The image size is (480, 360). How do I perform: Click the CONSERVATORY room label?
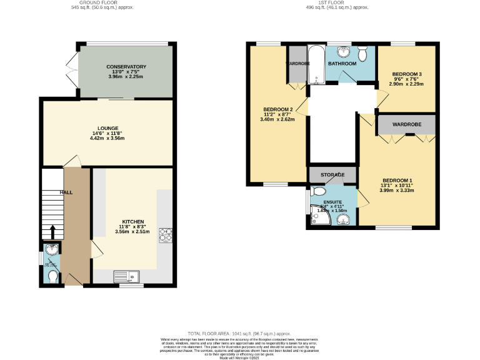coord(126,67)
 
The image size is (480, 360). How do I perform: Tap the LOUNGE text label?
coord(107,128)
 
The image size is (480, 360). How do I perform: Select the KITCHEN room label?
coord(132,221)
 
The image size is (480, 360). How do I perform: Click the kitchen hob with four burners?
coord(166,235)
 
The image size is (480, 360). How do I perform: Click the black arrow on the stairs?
coord(52,232)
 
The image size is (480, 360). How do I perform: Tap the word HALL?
coord(66,192)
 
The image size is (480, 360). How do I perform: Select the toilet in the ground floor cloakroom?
coord(52,276)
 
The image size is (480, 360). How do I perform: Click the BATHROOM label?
coord(342,64)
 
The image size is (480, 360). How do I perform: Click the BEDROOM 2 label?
coord(278,109)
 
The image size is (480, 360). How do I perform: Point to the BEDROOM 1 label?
coord(397,180)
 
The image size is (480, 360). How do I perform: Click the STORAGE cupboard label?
coord(332,174)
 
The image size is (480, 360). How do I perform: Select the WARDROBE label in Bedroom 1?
coord(406,124)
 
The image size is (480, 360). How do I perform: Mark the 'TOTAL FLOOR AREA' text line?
coord(240,334)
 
